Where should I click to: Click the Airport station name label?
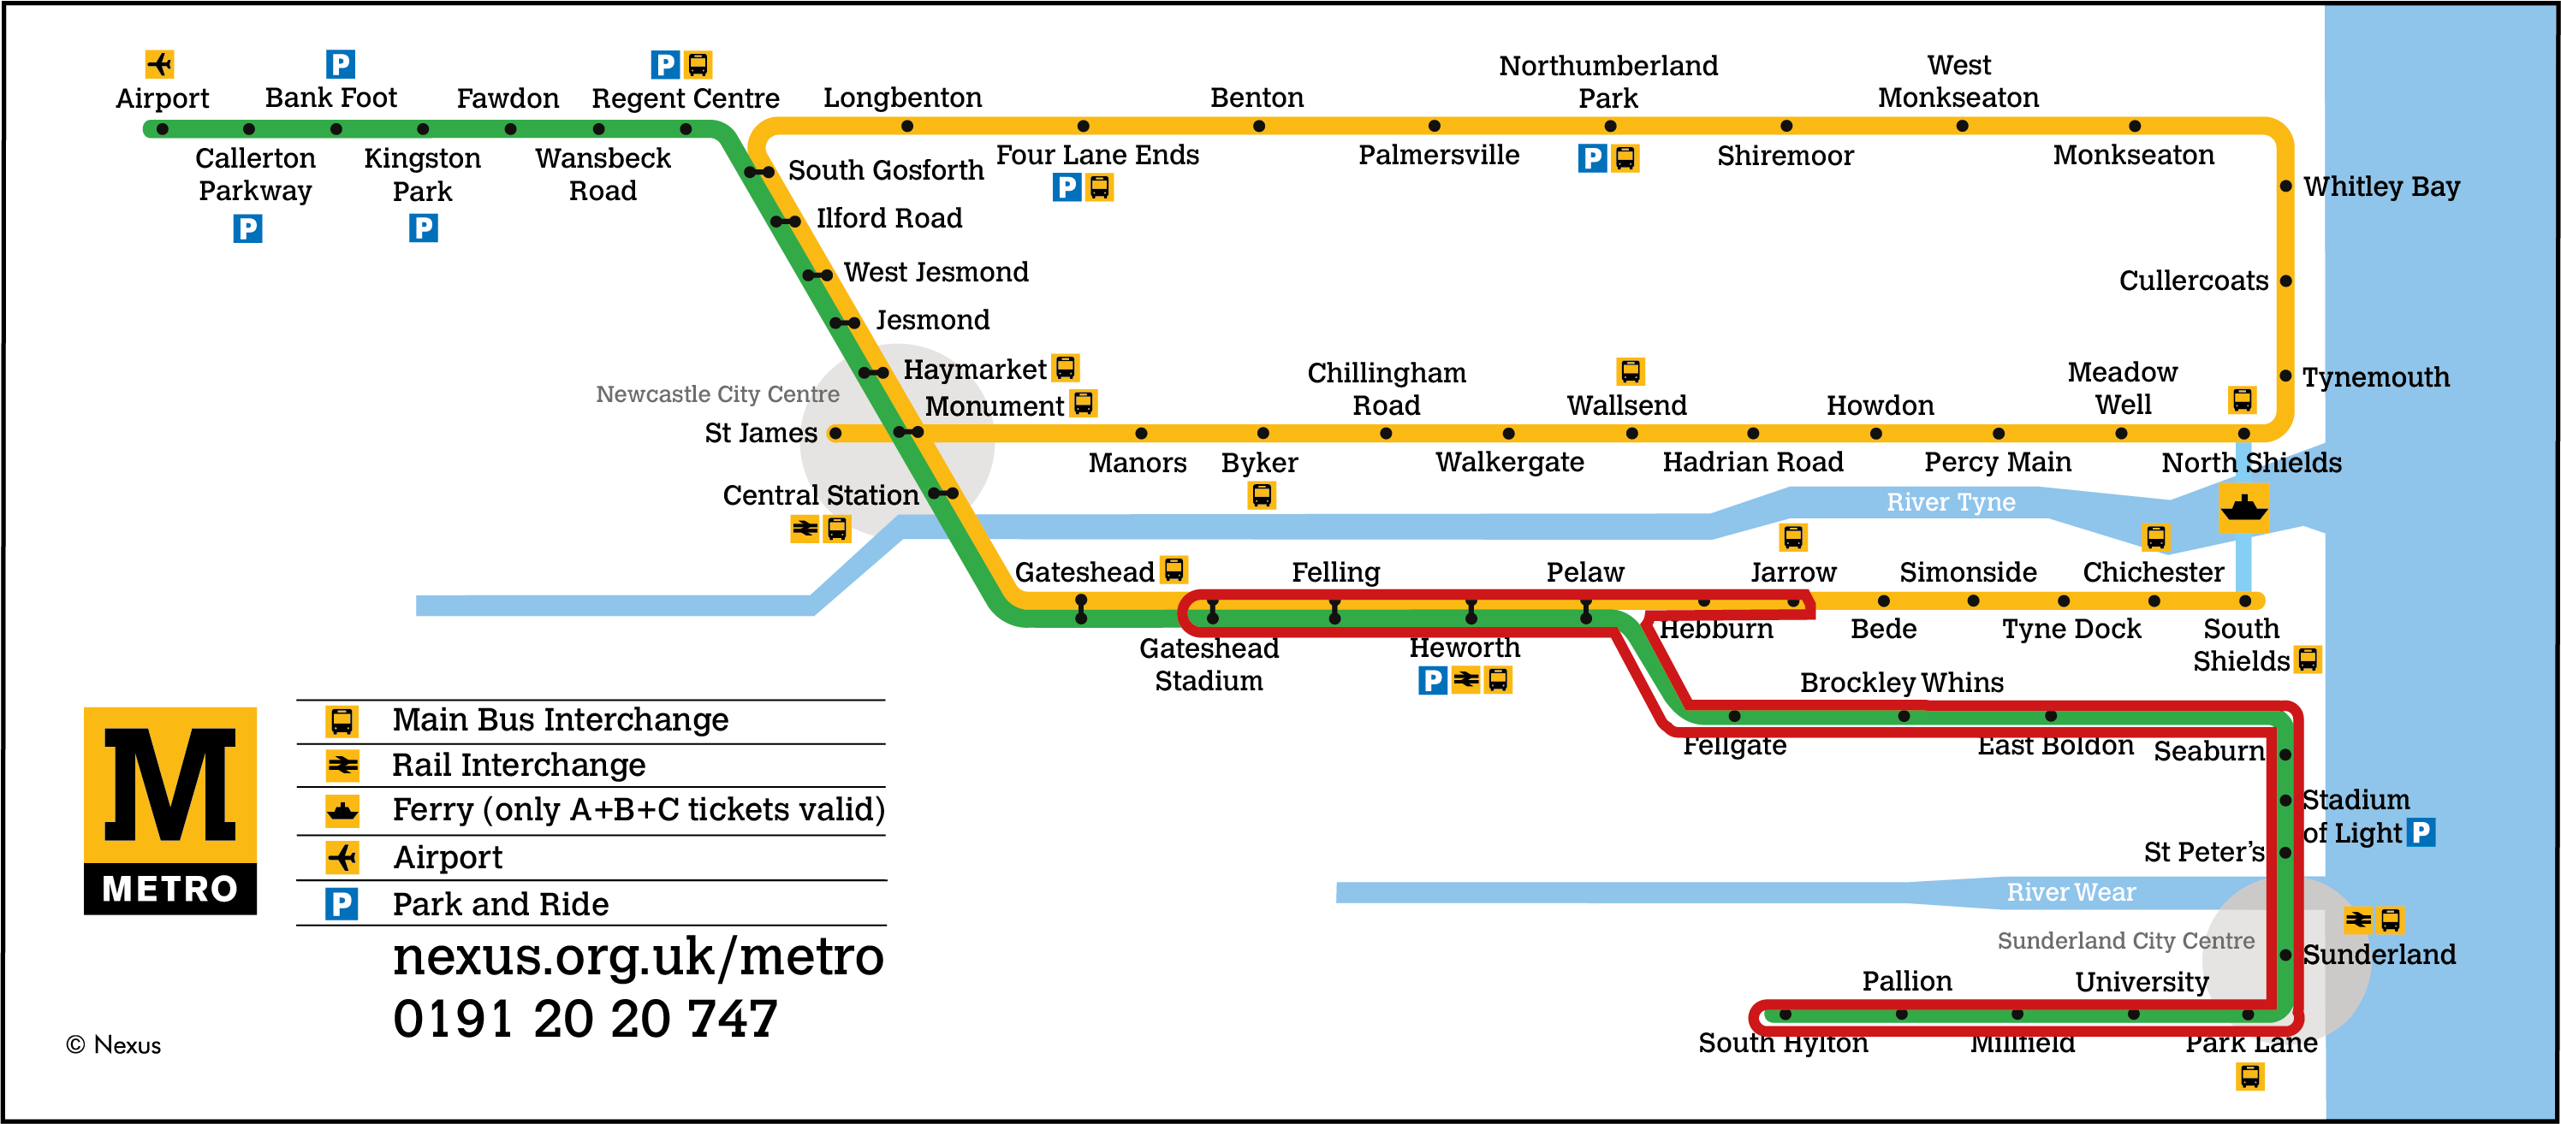click(162, 98)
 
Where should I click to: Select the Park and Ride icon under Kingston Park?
click(424, 228)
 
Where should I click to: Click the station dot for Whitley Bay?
click(2285, 186)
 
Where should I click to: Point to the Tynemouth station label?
click(2375, 377)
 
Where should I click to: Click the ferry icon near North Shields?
click(2243, 508)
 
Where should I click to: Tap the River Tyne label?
click(1951, 503)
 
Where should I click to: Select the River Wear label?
click(2071, 892)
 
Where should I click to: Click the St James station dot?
click(835, 434)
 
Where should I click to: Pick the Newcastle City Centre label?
click(716, 394)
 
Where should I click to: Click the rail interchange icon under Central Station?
click(805, 529)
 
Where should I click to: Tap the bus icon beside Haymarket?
click(1066, 368)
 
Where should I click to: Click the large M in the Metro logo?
click(170, 785)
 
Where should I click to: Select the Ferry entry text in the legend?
click(639, 810)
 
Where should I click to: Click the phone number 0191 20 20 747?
click(585, 1020)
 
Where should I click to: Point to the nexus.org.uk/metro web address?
click(638, 957)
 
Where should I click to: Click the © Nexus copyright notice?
click(113, 1045)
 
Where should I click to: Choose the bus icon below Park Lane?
click(2249, 1076)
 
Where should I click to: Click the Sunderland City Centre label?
click(2125, 940)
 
